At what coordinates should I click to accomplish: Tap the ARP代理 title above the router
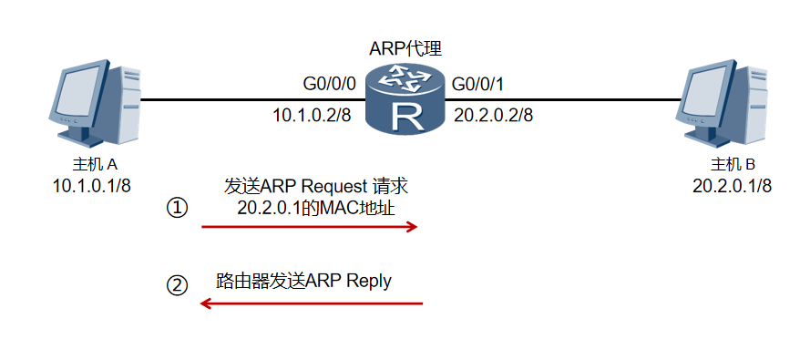(405, 48)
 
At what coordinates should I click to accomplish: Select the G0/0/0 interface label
(330, 86)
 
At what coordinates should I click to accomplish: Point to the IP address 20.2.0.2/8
(493, 117)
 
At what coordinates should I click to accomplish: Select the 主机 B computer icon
(724, 105)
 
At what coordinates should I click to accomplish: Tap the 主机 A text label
(95, 165)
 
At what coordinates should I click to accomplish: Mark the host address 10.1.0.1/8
(95, 187)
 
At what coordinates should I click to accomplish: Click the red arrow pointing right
(309, 226)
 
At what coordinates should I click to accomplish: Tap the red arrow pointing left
(312, 303)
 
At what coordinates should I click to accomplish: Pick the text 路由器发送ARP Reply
(304, 281)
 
